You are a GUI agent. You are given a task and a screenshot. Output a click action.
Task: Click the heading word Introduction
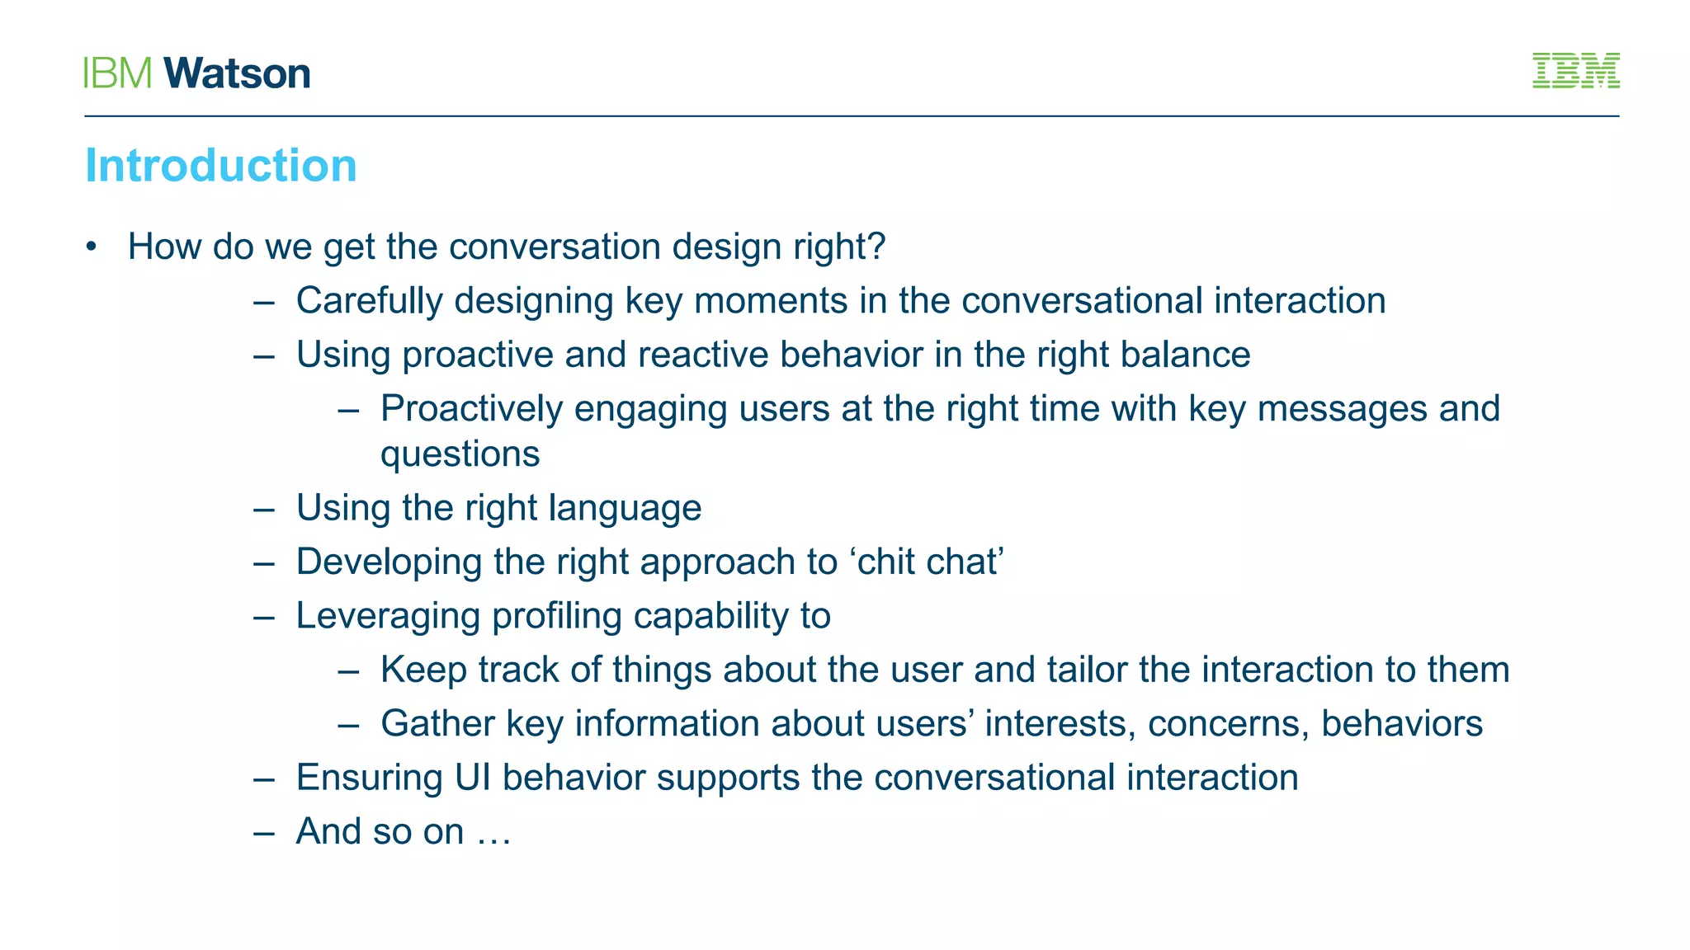click(x=220, y=166)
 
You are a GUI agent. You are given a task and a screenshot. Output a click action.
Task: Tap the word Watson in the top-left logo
click(x=237, y=74)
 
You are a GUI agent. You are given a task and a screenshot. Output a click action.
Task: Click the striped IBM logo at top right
click(x=1575, y=71)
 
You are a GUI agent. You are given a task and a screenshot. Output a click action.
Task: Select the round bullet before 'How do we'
click(x=92, y=247)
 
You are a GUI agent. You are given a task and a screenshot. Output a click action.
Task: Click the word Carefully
click(x=370, y=301)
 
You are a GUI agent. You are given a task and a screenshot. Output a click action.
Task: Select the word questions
click(x=460, y=454)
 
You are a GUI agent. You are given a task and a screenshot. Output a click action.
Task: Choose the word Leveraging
click(x=388, y=617)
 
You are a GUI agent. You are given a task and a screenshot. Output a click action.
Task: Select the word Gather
click(x=437, y=723)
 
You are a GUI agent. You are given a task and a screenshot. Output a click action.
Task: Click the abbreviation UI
click(x=472, y=778)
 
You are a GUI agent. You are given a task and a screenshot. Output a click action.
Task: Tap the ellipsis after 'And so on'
click(x=493, y=833)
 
